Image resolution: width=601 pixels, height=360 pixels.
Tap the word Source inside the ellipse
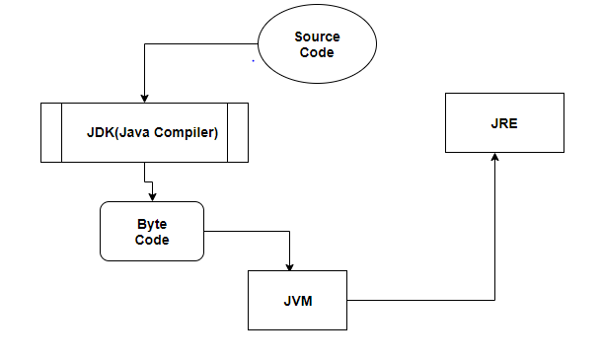(x=317, y=36)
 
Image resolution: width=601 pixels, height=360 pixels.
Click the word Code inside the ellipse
(x=317, y=53)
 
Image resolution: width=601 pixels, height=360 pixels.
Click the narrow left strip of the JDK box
(x=51, y=131)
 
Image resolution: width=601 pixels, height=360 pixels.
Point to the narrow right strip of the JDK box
(x=237, y=131)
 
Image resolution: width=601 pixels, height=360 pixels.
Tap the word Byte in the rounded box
(x=152, y=224)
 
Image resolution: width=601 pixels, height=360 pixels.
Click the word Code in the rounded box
(x=152, y=240)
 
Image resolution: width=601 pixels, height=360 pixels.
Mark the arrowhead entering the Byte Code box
(x=153, y=197)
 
